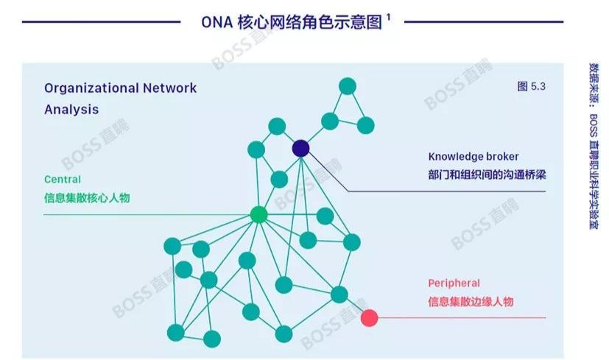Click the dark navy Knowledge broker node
[x=300, y=149]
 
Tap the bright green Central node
[x=258, y=214]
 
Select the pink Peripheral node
[x=369, y=318]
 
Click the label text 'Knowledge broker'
[x=474, y=157]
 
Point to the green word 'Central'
[x=63, y=179]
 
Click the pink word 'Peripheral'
[x=454, y=283]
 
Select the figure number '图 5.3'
[x=531, y=87]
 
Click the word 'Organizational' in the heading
[x=90, y=88]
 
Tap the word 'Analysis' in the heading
[x=71, y=110]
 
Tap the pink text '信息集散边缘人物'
[x=471, y=301]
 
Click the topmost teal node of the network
[x=348, y=85]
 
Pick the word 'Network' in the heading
[x=170, y=88]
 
